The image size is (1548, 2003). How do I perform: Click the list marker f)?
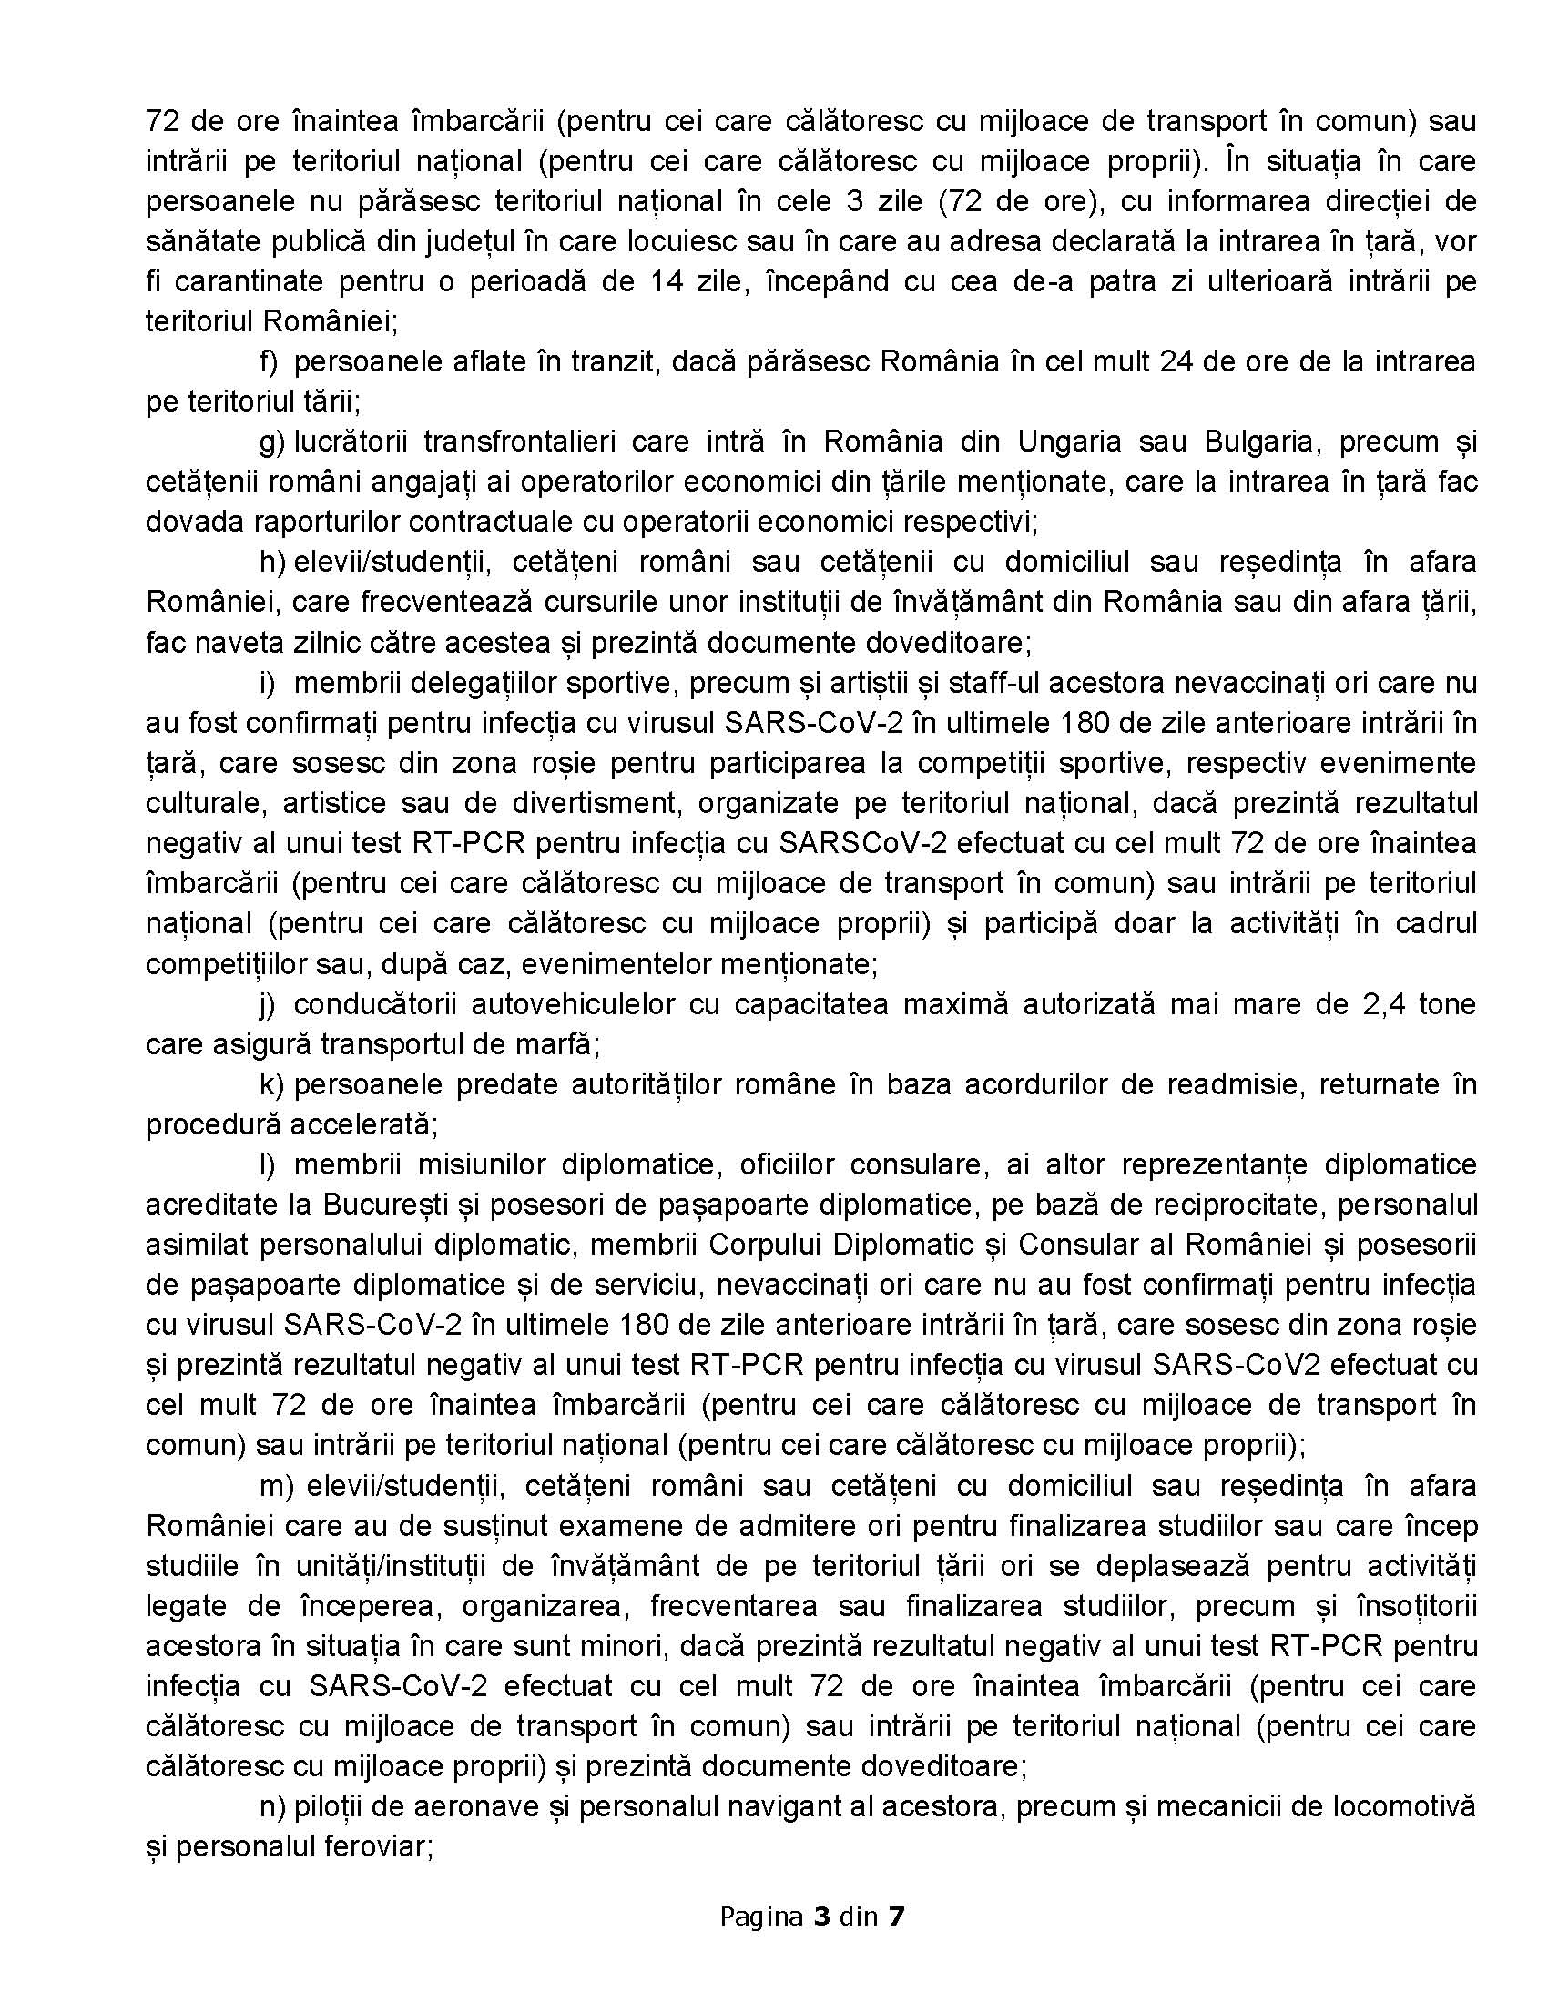[x=269, y=361]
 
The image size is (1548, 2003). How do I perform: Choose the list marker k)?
[x=271, y=1084]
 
